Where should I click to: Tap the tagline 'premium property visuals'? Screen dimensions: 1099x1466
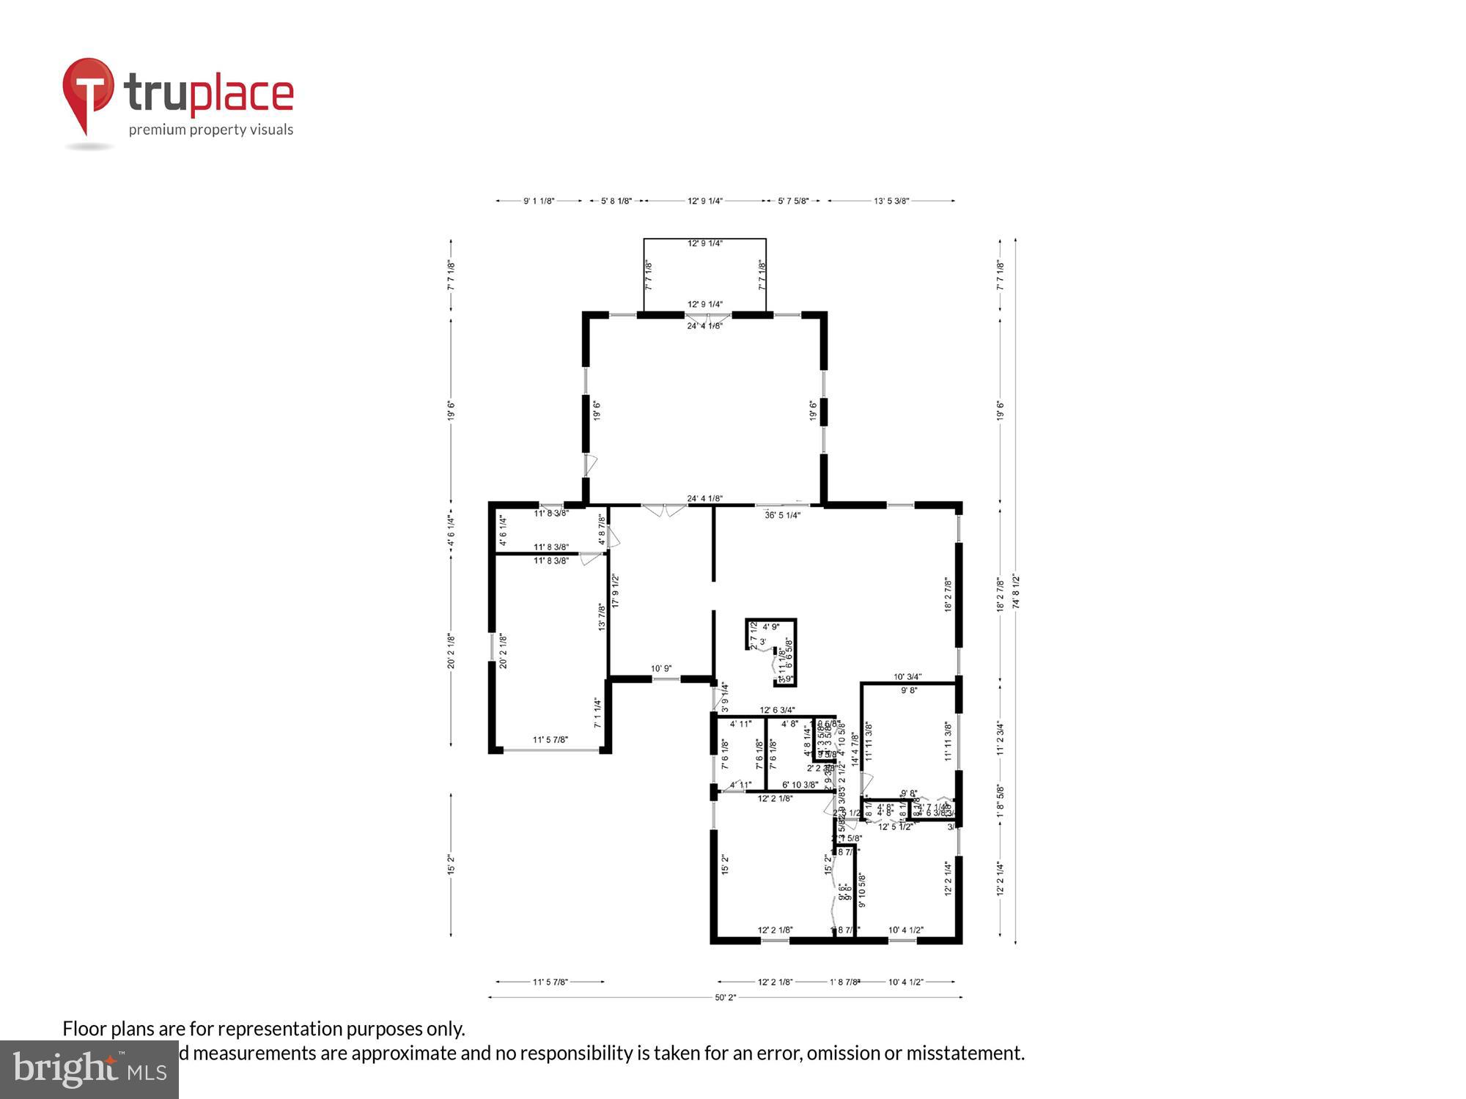coord(211,130)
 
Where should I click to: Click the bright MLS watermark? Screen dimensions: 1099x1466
coord(89,1070)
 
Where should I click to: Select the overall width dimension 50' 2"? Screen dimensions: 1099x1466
coord(725,997)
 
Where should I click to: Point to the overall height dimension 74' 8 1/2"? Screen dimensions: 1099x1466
coord(1016,591)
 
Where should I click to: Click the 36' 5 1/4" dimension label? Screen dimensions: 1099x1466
coord(782,515)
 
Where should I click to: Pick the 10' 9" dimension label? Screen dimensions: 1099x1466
coord(661,668)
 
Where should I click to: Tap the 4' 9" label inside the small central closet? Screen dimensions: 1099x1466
coord(770,626)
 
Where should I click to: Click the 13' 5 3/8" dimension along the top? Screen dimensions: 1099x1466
coord(891,201)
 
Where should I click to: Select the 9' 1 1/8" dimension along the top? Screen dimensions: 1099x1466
coord(539,201)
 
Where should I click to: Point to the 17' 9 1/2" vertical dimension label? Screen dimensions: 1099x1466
coord(616,591)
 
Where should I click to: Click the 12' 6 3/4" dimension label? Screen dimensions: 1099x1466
coord(777,710)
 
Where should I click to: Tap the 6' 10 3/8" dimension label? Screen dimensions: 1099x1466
coord(800,785)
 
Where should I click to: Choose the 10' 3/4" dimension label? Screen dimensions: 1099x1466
coord(907,677)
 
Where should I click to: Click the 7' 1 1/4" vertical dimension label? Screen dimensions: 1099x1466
coord(598,713)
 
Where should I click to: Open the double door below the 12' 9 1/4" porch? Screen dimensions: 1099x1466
coord(707,317)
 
